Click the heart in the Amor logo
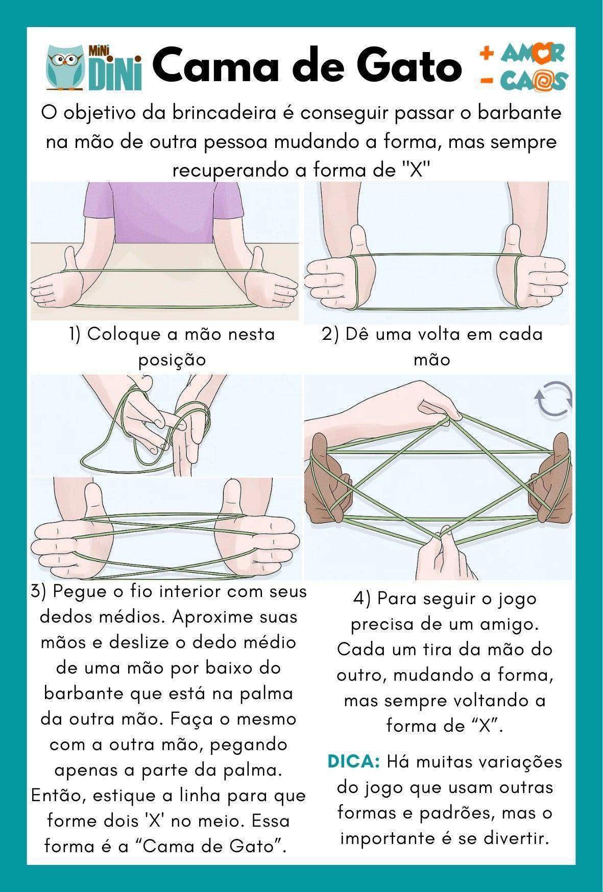pos(543,53)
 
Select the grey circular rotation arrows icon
pos(553,399)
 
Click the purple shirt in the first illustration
pos(163,209)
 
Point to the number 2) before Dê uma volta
pos(330,335)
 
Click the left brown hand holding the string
pos(327,480)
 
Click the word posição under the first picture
pos(172,360)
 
